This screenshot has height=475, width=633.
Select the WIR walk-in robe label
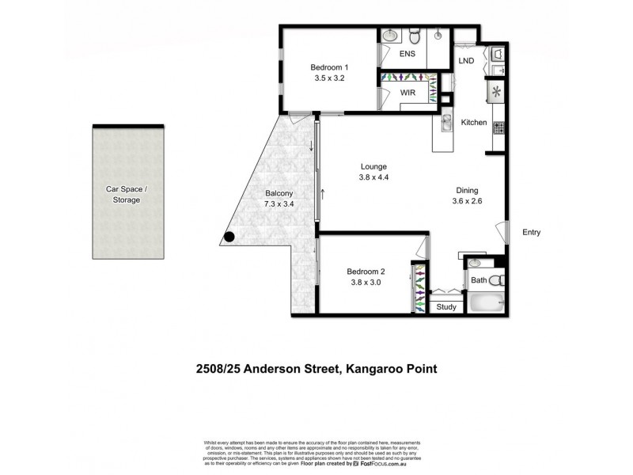pos(408,93)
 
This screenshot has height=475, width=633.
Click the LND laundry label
pos(467,60)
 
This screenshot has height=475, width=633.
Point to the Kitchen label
pos(474,123)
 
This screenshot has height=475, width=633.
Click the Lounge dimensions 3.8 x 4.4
pos(373,177)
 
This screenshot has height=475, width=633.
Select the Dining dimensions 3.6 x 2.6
pos(467,201)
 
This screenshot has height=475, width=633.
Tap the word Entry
pos(531,232)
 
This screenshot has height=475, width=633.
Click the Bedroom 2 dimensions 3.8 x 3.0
pos(364,281)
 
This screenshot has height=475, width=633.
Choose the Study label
pos(446,307)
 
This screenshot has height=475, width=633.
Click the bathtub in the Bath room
pos(484,304)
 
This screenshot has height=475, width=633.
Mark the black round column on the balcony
pos(229,236)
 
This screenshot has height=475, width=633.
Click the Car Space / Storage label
pos(127,195)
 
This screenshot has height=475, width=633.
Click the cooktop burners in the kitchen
pos(498,126)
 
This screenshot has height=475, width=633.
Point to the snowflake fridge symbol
pos(497,92)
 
